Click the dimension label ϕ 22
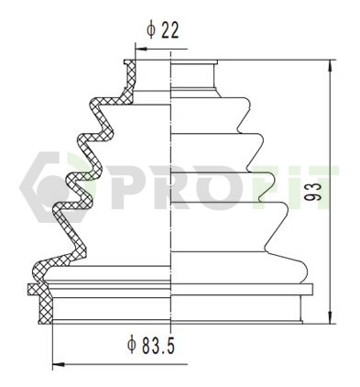tap(163, 30)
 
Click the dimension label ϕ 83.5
tap(151, 345)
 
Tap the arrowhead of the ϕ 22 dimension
tap(140, 49)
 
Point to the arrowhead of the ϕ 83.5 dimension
tap(59, 365)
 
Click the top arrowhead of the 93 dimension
tap(331, 66)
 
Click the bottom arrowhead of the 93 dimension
tap(331, 317)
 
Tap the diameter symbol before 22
tap(151, 30)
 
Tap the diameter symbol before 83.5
tap(132, 345)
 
